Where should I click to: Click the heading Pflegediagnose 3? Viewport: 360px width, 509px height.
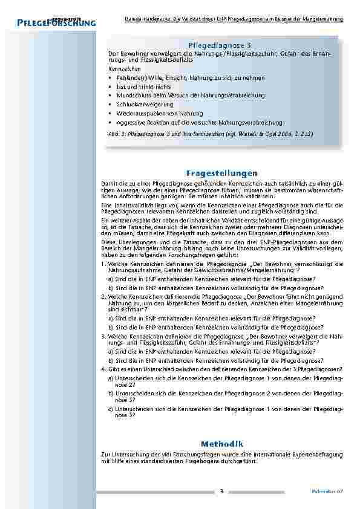[219, 45]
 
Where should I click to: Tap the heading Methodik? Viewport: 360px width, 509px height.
[219, 443]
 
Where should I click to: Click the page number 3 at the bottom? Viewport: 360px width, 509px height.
[221, 491]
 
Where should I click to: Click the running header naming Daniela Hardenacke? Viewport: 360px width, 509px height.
[231, 19]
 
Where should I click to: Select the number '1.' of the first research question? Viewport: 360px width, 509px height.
[104, 264]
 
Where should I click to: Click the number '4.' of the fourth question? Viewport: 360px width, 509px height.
[104, 369]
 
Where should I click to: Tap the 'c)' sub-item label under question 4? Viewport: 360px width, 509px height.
[111, 409]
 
